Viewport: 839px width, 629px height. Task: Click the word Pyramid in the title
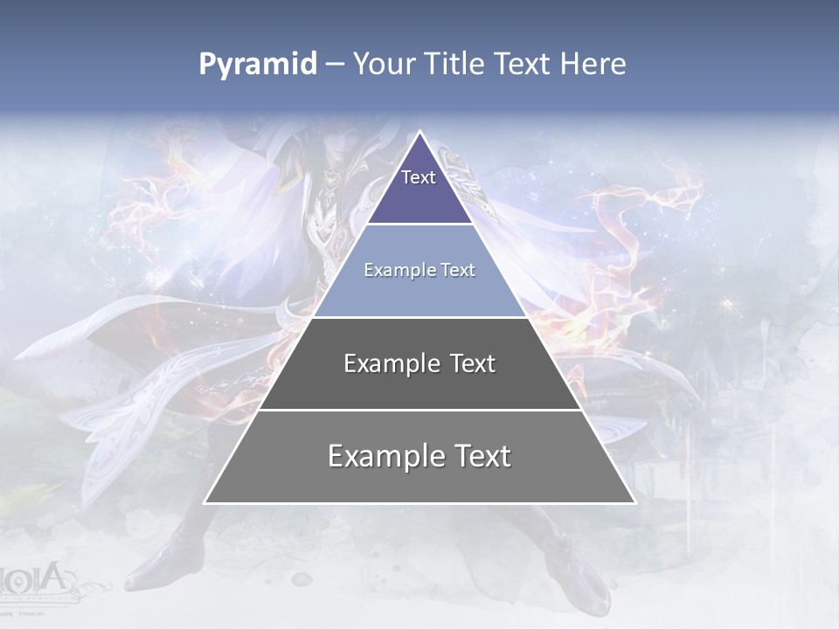click(258, 65)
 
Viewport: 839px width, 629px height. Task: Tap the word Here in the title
click(593, 65)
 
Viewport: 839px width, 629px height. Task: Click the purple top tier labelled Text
click(419, 188)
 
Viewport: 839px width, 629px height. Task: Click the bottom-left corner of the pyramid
click(206, 501)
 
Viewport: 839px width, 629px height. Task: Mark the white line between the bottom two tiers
click(419, 410)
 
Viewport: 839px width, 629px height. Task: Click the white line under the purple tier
click(419, 225)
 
